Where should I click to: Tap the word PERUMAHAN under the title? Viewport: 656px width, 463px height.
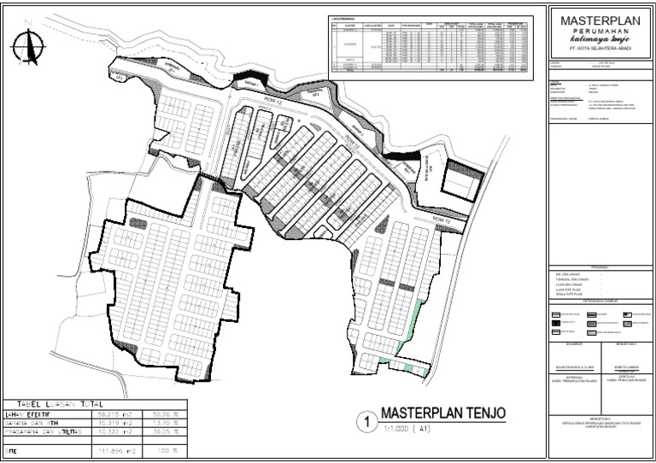click(x=600, y=30)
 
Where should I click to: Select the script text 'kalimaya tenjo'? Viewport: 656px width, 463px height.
click(x=600, y=39)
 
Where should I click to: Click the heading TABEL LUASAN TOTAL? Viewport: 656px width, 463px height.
click(x=56, y=404)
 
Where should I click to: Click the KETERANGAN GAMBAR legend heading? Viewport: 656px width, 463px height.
click(x=600, y=302)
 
